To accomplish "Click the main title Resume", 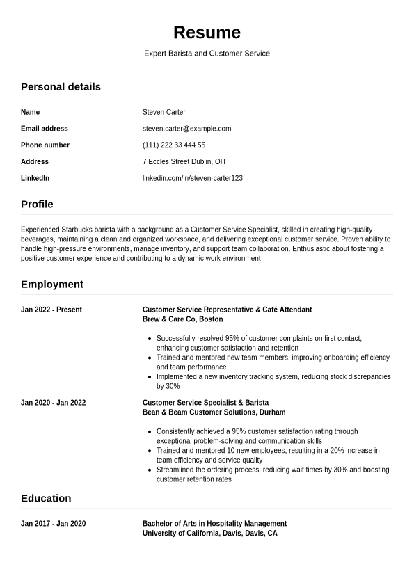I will [x=207, y=33].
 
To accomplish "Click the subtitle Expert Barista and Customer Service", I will [x=207, y=54].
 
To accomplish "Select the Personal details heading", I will [x=61, y=87].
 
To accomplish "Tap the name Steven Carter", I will [x=164, y=112].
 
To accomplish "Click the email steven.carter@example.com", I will [x=186, y=129].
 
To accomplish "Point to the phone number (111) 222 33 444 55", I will [x=173, y=145].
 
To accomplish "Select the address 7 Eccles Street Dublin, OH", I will [x=184, y=161].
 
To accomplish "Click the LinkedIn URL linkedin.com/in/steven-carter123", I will [x=192, y=178].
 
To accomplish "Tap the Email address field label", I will [x=45, y=129].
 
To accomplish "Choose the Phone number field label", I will [x=45, y=145].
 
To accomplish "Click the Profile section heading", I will [x=37, y=205].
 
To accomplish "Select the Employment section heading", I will [x=52, y=285].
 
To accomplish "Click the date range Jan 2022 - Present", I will [x=51, y=310].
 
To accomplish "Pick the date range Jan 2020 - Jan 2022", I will [x=53, y=403].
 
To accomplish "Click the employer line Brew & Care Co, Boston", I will [x=182, y=319].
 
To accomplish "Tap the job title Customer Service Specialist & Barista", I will [x=205, y=403].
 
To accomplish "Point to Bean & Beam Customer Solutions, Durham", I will [x=214, y=412].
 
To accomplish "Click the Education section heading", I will [x=46, y=499].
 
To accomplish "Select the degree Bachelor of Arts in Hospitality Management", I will [x=214, y=524].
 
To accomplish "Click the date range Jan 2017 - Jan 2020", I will [x=53, y=524].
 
